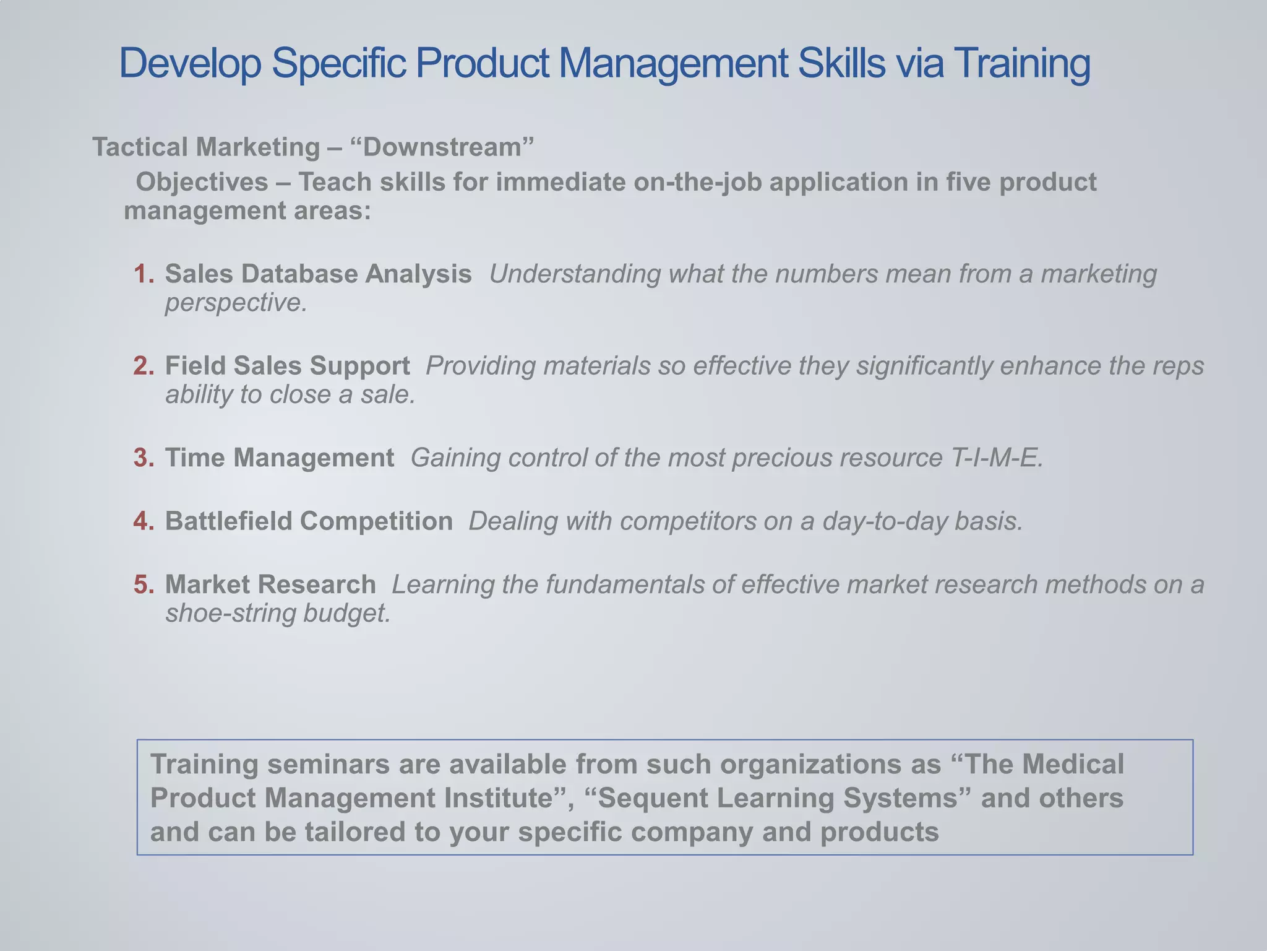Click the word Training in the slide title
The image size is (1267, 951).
(1021, 63)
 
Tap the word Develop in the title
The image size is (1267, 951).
(190, 63)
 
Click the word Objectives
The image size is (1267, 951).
(202, 182)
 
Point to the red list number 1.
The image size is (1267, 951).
(144, 274)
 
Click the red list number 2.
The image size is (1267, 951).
(144, 366)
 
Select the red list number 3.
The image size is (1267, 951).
(144, 458)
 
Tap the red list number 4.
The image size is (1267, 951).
(144, 521)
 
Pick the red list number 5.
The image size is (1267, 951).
(144, 584)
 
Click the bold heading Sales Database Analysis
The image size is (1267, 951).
(318, 274)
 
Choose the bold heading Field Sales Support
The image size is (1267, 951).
(287, 366)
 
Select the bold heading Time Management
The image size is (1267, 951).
(279, 458)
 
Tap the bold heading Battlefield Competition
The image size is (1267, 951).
(309, 521)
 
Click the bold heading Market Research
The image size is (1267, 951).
(270, 584)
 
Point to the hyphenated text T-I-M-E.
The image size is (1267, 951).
(994, 458)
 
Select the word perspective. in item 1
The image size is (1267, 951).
(236, 303)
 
